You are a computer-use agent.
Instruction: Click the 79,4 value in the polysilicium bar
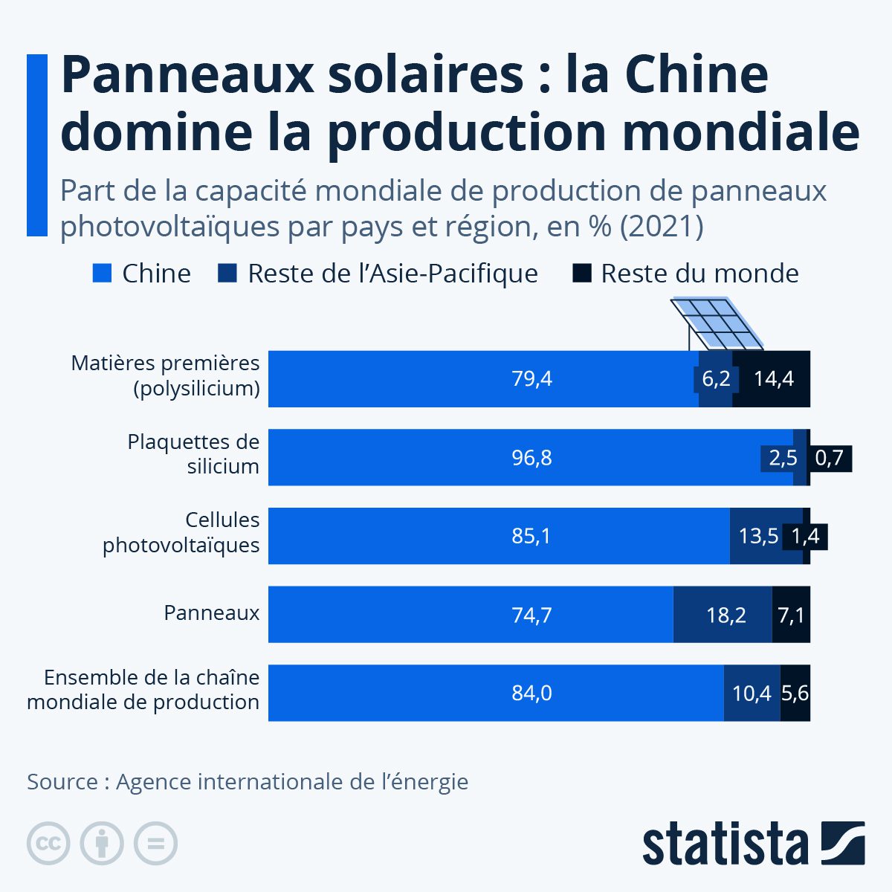[x=531, y=379]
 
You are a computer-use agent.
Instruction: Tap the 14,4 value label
[x=773, y=379]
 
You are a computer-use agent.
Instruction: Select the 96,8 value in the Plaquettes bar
[x=531, y=458]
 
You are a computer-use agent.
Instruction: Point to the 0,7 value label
[x=830, y=458]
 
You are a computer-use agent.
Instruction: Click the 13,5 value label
[x=758, y=536]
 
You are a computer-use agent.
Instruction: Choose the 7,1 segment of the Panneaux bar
[x=791, y=615]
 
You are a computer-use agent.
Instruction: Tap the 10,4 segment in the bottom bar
[x=752, y=694]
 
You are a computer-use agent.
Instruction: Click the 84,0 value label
[x=531, y=694]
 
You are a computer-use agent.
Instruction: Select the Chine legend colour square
[x=103, y=274]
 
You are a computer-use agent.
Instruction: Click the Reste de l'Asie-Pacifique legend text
[x=392, y=274]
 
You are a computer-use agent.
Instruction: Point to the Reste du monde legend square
[x=581, y=274]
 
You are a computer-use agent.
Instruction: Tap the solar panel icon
[x=717, y=324]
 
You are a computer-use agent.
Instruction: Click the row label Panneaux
[x=212, y=613]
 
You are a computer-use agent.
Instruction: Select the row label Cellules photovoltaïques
[x=181, y=532]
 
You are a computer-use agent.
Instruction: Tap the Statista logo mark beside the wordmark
[x=842, y=843]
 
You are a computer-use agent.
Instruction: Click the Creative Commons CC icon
[x=48, y=843]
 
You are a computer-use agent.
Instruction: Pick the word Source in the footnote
[x=62, y=782]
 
